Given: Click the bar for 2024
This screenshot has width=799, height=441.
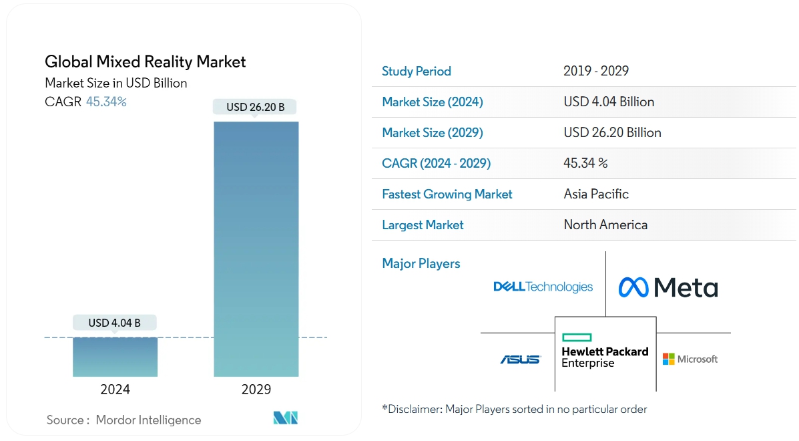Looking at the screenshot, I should coord(115,357).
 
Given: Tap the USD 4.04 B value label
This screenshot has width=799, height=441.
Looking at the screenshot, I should coord(115,323).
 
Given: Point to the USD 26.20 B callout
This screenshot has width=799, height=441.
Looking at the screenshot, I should coord(256,107).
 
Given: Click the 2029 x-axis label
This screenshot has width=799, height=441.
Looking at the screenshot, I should coord(256,390).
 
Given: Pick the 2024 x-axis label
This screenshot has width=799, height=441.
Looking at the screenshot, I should coord(115,390).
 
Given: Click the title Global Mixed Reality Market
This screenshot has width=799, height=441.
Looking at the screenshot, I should coord(145,62).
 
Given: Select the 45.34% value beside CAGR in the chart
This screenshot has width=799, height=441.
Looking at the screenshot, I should coord(106,102).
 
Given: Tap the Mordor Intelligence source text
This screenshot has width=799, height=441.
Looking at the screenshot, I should coord(148,420).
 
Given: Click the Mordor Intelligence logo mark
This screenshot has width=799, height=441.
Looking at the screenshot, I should coord(285,418).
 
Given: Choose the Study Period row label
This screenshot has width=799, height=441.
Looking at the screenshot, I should coord(417,71).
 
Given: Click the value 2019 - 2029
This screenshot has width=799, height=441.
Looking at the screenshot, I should coord(596,71).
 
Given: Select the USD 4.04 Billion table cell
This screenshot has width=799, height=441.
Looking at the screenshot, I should coord(609,102).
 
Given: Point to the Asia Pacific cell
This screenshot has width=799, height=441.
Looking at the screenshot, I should coord(596,194).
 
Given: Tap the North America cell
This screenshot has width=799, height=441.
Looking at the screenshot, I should coord(605,225).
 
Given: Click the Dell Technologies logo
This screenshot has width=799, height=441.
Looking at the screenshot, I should coord(543,287).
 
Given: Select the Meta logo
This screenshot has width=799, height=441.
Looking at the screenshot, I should coord(668,287).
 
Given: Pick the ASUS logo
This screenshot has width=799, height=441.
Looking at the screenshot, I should coord(520,359).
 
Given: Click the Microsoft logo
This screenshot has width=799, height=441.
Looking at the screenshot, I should coord(690,359).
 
